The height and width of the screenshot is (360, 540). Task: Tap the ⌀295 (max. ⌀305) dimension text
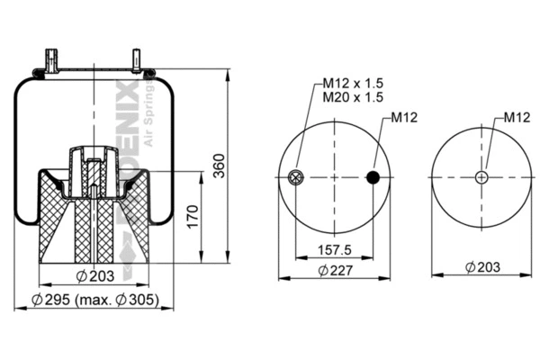[x=95, y=299]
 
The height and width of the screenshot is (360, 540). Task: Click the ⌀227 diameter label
[x=335, y=269]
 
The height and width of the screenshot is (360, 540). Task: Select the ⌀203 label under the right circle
[x=482, y=267]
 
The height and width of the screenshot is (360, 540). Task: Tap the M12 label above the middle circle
[x=403, y=117]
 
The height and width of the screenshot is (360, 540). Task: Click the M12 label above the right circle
[x=517, y=117]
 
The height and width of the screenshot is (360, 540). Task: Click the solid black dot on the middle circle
[x=373, y=177]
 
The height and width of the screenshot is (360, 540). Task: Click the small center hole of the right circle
[x=481, y=177]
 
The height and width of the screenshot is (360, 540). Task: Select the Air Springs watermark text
[x=143, y=118]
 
